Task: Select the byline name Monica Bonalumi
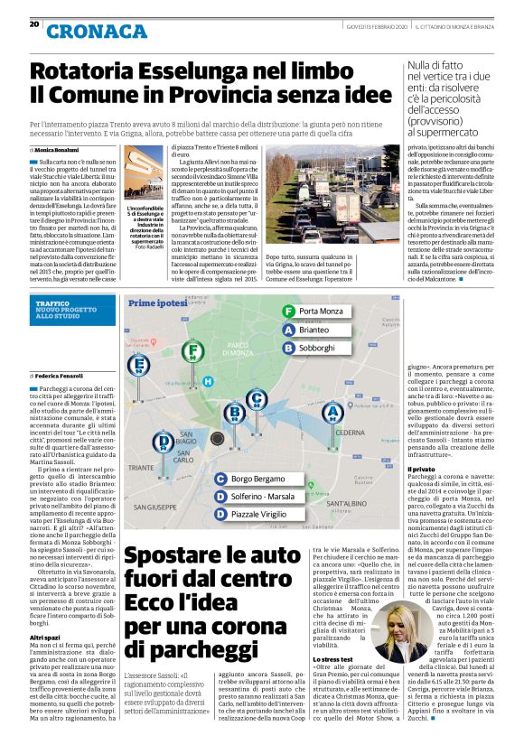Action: [59, 148]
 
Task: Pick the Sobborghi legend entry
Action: [320, 348]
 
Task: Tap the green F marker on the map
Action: [191, 350]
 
